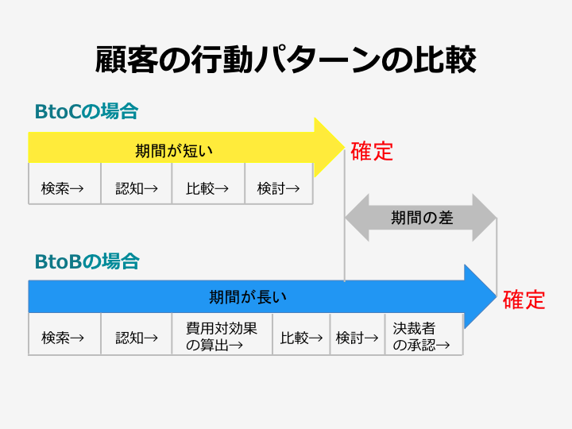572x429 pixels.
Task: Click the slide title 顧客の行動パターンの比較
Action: point(286,60)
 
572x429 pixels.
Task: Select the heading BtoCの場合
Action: point(86,111)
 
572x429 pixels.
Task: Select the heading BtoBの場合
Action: point(87,261)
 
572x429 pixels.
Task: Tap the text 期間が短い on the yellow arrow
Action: point(174,150)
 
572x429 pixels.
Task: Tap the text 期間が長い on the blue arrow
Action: point(247,297)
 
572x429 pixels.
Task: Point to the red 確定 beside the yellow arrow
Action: point(372,151)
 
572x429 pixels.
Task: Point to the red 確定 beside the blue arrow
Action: point(524,300)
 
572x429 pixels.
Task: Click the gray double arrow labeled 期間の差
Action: point(421,218)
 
